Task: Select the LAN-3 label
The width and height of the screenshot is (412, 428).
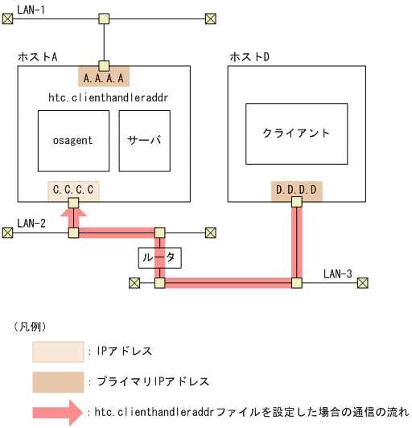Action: [x=338, y=274]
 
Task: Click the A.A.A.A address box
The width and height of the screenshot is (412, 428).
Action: [x=104, y=78]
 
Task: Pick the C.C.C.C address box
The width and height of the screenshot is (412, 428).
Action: [x=73, y=191]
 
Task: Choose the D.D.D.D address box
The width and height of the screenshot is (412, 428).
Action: [x=297, y=191]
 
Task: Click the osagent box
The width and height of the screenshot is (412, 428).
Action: [x=73, y=141]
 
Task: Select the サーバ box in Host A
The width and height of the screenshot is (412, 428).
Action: [x=145, y=141]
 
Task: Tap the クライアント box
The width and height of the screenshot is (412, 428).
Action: [x=296, y=134]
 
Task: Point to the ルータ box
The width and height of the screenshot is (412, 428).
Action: [x=159, y=257]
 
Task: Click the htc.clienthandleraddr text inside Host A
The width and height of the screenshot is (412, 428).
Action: [x=113, y=97]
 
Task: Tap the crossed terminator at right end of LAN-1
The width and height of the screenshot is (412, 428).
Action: [x=211, y=18]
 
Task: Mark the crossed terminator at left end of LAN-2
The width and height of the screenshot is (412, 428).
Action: [x=8, y=233]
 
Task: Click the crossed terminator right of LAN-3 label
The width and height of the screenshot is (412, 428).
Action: [x=363, y=282]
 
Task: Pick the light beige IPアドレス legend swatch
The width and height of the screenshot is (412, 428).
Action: [x=58, y=352]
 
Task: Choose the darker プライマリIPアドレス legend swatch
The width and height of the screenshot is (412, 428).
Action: [x=58, y=381]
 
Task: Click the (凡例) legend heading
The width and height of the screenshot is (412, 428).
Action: [x=31, y=327]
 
